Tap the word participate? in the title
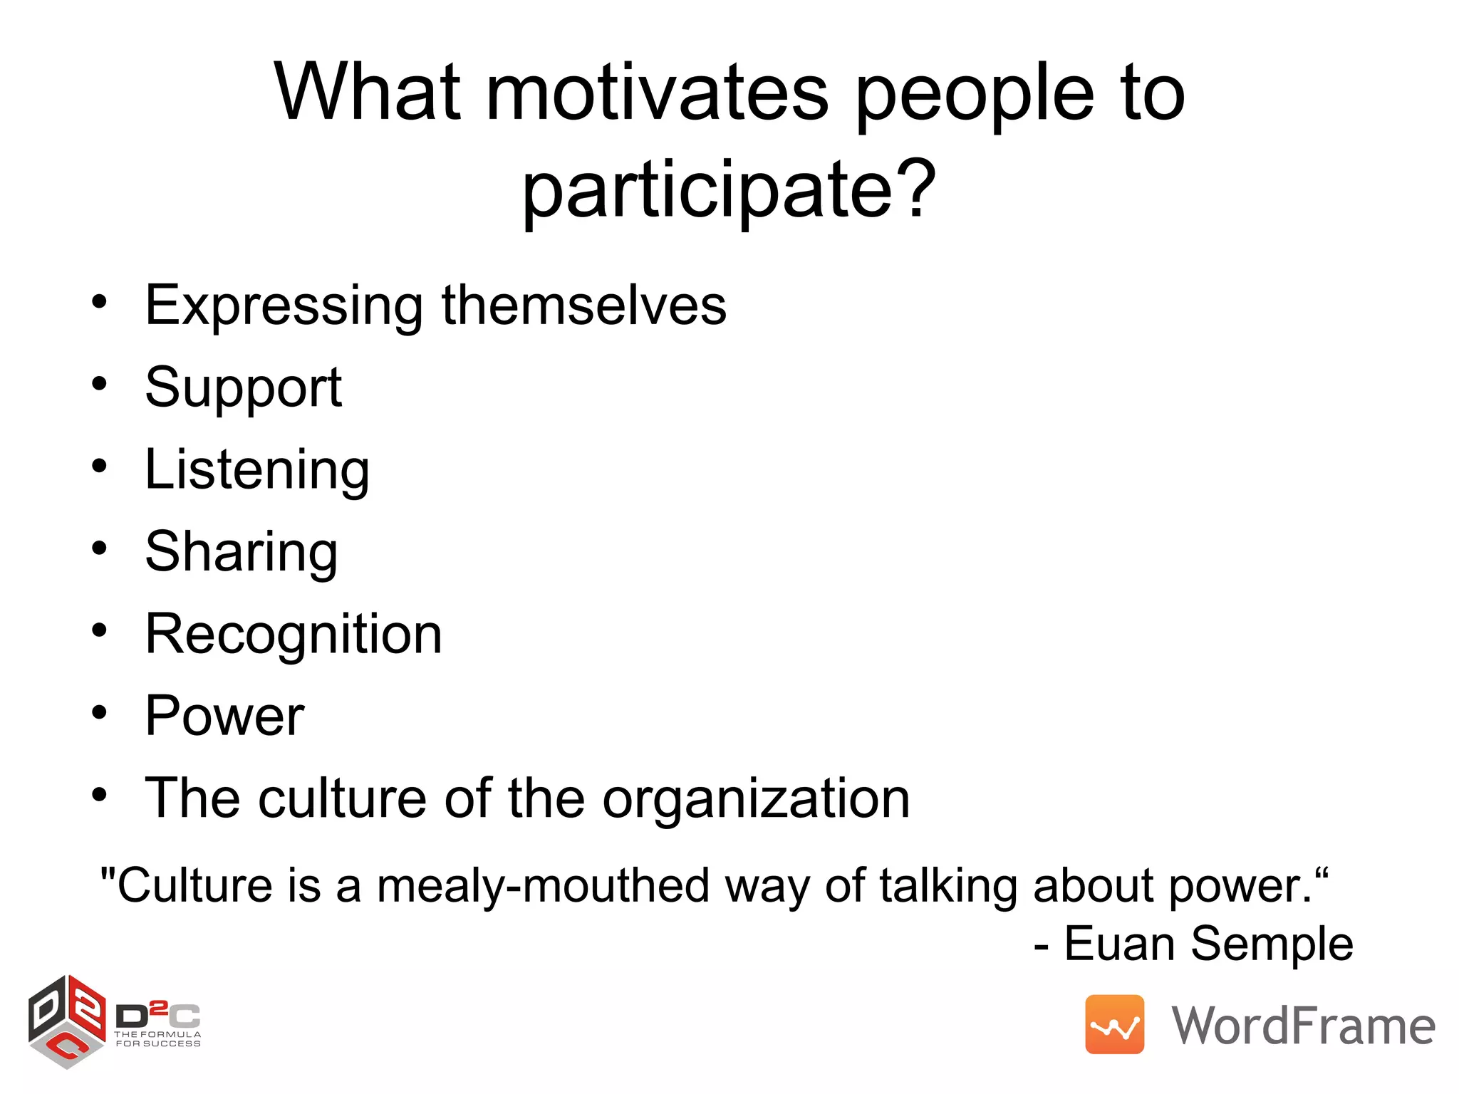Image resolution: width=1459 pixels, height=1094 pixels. click(x=729, y=191)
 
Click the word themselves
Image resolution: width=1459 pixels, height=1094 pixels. click(x=584, y=305)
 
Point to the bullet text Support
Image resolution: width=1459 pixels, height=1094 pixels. click(x=244, y=388)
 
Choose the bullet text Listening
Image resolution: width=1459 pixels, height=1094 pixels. click(x=257, y=470)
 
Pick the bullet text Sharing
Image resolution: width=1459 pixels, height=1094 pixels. click(x=242, y=553)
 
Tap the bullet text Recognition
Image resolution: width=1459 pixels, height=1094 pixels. click(x=294, y=635)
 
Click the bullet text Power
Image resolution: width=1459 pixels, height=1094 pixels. click(x=224, y=716)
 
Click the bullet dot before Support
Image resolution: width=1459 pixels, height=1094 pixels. click(x=100, y=385)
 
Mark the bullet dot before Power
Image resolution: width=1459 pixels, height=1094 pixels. click(x=100, y=713)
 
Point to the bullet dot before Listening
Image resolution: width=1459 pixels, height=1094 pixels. click(x=100, y=467)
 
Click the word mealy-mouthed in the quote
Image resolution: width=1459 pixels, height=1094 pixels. click(x=544, y=887)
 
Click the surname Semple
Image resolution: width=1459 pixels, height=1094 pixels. click(x=1272, y=944)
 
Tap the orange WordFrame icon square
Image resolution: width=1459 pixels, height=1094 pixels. click(x=1114, y=1025)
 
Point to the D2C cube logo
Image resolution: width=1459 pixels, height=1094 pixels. click(x=67, y=1022)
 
